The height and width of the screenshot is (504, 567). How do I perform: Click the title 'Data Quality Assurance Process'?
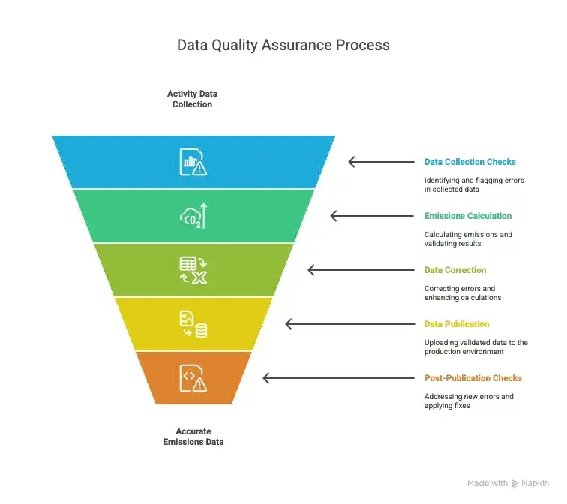click(283, 45)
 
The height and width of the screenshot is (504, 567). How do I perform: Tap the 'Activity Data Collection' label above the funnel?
click(193, 99)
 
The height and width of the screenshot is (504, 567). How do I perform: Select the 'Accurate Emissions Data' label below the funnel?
click(193, 436)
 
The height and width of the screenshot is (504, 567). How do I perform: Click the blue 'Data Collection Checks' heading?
click(469, 162)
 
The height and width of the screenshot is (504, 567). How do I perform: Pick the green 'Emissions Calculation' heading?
click(467, 216)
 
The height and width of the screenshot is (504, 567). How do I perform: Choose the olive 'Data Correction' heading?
click(455, 270)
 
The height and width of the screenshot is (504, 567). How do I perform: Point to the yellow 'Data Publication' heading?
click(456, 324)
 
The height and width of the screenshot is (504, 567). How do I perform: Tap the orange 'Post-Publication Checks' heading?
click(472, 378)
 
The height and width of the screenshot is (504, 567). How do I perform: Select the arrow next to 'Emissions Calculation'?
click(370, 216)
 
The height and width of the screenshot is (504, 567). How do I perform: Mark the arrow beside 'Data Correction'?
click(359, 270)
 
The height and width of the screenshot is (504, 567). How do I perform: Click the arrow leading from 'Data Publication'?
click(348, 324)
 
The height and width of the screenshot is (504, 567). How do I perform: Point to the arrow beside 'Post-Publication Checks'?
click(337, 378)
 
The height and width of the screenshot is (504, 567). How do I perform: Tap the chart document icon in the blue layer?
click(193, 162)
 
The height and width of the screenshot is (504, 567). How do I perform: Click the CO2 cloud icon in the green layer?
click(193, 216)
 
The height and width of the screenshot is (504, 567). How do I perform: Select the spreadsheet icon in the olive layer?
click(193, 270)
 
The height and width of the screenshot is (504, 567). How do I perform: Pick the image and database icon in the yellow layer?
click(193, 324)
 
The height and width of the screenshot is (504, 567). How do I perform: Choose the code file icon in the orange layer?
click(193, 378)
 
